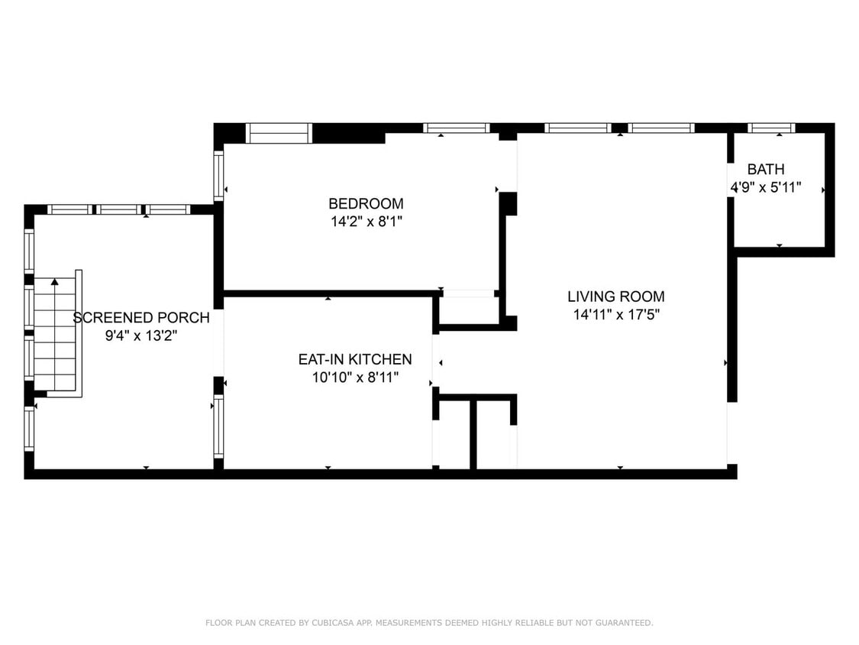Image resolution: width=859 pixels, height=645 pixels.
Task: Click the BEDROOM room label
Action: point(366,203)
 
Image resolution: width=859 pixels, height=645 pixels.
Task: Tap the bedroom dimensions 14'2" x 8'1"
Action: point(366,222)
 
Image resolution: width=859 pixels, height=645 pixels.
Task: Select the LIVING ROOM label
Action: point(615,297)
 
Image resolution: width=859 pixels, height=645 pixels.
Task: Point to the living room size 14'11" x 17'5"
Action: point(615,315)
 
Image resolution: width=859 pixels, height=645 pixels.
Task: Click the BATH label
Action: point(766,169)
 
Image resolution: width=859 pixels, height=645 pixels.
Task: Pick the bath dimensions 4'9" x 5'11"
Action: point(766,187)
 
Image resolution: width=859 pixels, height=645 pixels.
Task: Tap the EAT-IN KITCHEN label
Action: point(355,359)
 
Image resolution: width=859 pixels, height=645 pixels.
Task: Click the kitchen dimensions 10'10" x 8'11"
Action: point(355,378)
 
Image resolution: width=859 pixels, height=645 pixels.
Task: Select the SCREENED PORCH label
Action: point(141,318)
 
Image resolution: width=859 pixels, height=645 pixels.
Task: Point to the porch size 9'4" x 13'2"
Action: point(141,335)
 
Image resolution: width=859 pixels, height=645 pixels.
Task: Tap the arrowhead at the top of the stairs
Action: point(55,282)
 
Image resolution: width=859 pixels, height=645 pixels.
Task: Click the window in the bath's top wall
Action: point(771,128)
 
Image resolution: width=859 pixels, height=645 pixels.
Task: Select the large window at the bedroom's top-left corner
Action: point(279,133)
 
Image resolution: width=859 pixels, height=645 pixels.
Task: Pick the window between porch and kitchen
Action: point(218,426)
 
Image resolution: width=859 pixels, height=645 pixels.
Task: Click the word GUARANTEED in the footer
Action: point(624,623)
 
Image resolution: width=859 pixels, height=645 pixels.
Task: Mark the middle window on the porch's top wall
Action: point(119,209)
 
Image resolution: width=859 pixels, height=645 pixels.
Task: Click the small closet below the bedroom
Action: point(470,310)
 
